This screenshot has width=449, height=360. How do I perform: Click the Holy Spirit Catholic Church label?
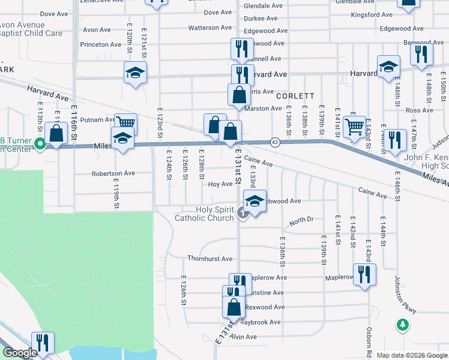203,214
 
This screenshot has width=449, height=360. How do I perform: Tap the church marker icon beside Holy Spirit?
243,211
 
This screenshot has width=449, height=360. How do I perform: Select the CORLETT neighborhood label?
295,95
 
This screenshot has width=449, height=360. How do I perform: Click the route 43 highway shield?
274,142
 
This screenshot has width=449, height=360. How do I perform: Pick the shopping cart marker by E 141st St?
354,127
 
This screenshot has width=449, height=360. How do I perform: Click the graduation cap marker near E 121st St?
135,73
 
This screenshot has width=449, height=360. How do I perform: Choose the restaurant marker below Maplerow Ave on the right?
364,275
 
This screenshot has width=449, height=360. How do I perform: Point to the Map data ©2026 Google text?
412,355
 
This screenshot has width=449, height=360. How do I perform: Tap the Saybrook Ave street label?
261,322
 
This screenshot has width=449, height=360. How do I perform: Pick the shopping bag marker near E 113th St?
56,133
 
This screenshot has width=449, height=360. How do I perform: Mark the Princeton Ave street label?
103,44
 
